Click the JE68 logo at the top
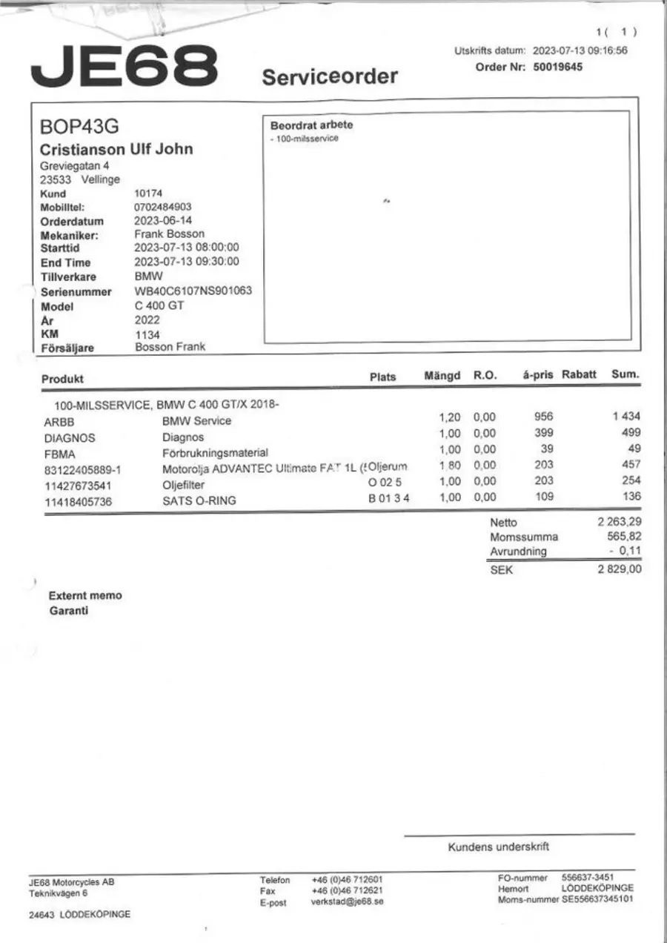tap(124, 65)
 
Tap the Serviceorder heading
tap(330, 76)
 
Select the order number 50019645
tap(558, 67)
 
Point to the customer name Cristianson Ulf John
tap(116, 148)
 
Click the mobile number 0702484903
tap(162, 208)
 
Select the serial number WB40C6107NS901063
tap(193, 291)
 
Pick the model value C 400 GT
tap(159, 305)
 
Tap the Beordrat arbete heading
tap(311, 125)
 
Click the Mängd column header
tap(442, 375)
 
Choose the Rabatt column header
tap(579, 374)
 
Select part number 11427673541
tap(79, 485)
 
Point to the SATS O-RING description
tap(199, 500)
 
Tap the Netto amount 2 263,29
tap(619, 522)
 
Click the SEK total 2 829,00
tap(620, 569)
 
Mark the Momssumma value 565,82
tap(624, 537)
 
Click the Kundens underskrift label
tap(498, 847)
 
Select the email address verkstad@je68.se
tap(348, 902)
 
